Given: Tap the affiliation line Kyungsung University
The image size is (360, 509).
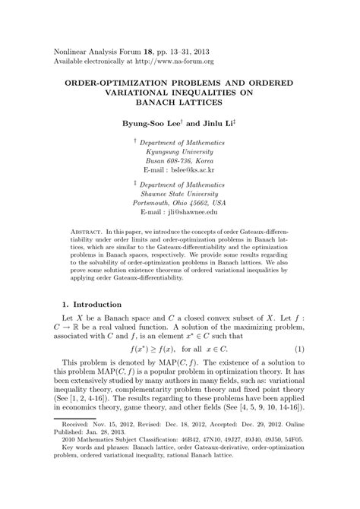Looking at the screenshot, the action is pos(179,151).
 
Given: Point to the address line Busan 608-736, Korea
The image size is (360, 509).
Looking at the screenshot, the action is pos(179,161).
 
